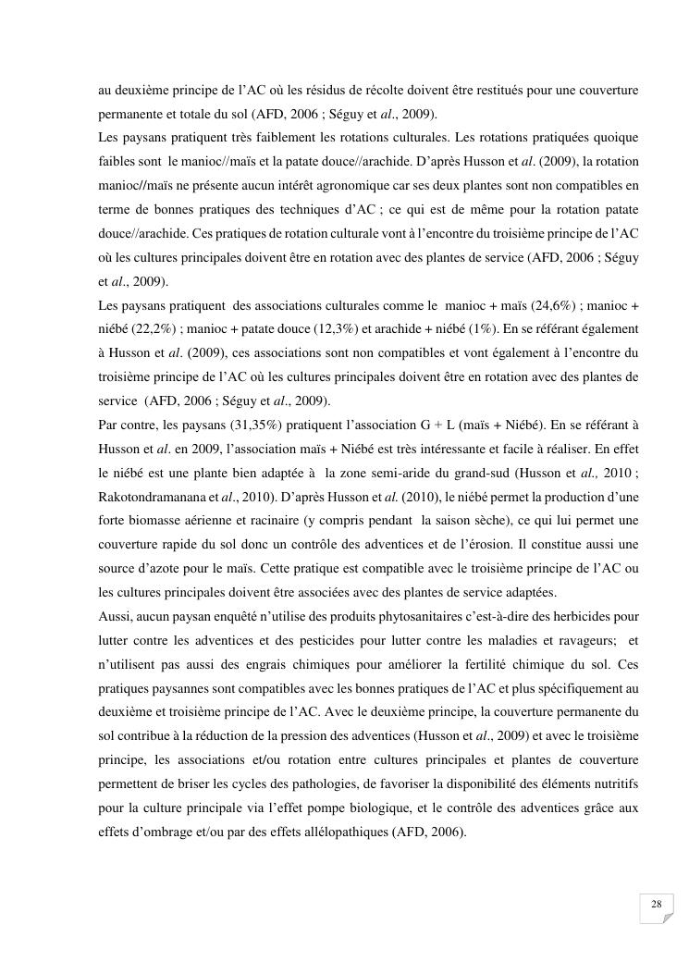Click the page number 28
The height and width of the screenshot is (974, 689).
click(657, 904)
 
